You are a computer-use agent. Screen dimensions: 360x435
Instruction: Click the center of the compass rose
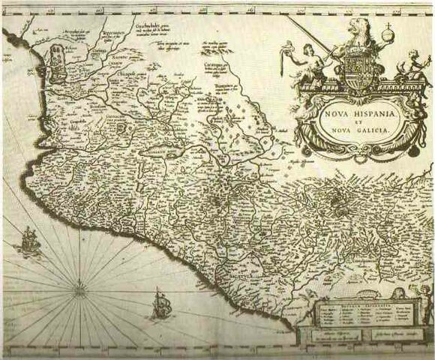click(79, 283)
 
